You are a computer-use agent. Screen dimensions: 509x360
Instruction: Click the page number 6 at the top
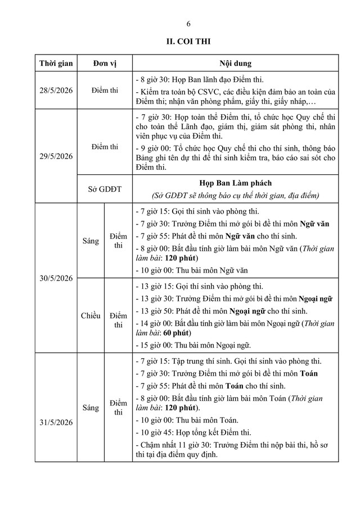188,23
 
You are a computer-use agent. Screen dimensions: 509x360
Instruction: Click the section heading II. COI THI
188,41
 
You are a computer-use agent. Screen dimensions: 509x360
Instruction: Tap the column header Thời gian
55,63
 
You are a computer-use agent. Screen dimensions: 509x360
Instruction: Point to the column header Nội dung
235,63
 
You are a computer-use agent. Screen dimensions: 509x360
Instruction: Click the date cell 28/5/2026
55,90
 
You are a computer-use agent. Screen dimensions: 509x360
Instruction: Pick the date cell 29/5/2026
55,156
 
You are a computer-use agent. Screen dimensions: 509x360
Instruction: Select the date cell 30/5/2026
55,278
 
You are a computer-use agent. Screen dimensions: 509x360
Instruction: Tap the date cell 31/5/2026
55,407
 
